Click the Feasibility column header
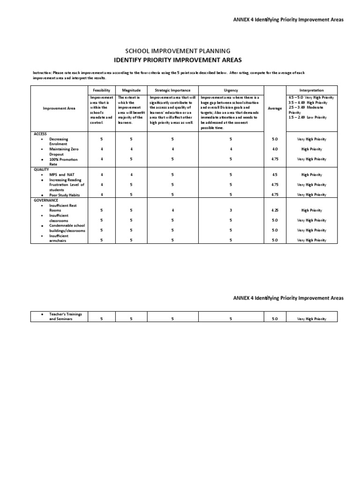(x=102, y=90)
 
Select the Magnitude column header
(x=131, y=90)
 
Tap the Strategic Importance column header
(x=172, y=90)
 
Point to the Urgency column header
(x=231, y=90)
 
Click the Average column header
(x=275, y=108)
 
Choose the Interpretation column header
(x=311, y=90)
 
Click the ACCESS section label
(x=40, y=134)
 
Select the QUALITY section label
(x=41, y=170)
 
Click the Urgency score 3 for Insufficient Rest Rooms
(x=231, y=210)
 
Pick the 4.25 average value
(x=275, y=210)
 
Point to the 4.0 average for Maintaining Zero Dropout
(x=275, y=149)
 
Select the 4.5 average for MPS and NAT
(x=275, y=175)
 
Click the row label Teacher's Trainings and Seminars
(x=66, y=316)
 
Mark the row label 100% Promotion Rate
(x=63, y=162)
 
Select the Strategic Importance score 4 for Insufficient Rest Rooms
(x=172, y=210)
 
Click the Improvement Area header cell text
(x=59, y=108)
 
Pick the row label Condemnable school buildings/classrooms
(x=67, y=228)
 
